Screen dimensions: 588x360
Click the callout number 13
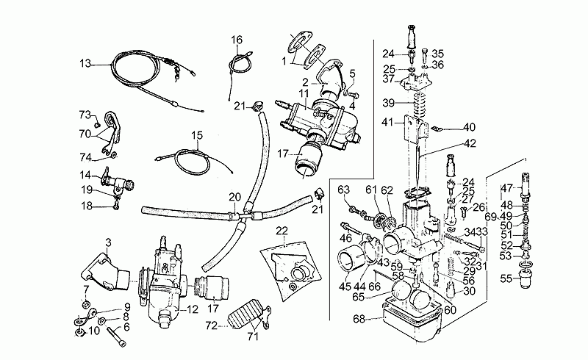[85, 63]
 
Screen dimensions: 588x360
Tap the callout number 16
[237, 40]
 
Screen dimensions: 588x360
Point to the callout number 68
[359, 319]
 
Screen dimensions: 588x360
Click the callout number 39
[389, 103]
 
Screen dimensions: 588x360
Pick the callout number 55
[506, 278]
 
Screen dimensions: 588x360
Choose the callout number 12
[193, 309]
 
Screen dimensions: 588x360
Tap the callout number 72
[212, 326]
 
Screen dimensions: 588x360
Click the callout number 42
[470, 143]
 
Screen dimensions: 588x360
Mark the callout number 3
[108, 242]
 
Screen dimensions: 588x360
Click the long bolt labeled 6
[116, 337]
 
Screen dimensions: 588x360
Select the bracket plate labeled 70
[112, 132]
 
